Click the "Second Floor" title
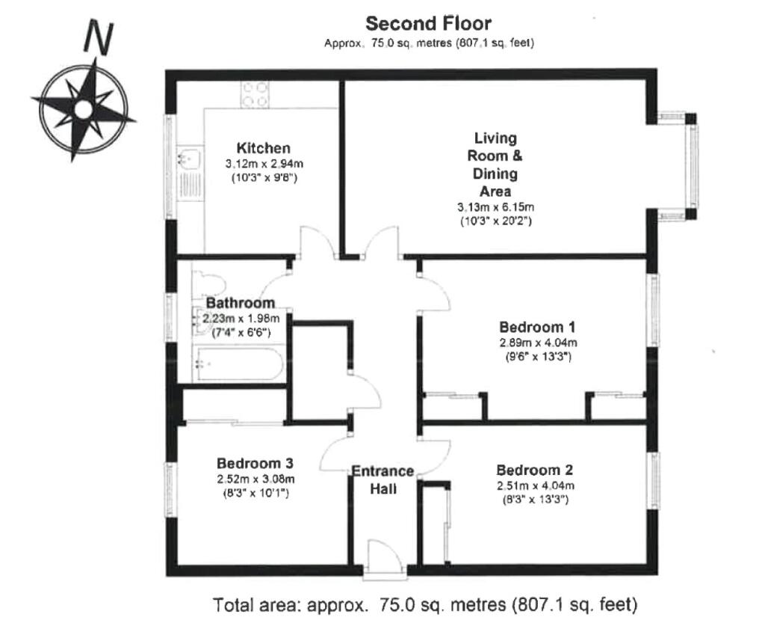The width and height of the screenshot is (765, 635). click(x=428, y=23)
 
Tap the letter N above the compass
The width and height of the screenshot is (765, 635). click(x=99, y=37)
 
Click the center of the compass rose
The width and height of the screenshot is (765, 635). click(x=83, y=109)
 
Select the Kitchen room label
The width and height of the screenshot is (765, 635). click(x=264, y=148)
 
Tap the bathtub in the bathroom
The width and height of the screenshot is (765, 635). click(x=240, y=363)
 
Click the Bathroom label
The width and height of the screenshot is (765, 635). click(x=241, y=303)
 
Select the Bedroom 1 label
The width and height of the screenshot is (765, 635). click(x=537, y=327)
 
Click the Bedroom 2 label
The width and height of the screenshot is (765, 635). click(x=535, y=470)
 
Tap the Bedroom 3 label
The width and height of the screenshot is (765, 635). click(x=255, y=463)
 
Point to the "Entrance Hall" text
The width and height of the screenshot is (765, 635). click(x=383, y=479)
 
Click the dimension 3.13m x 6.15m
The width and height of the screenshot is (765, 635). click(x=496, y=207)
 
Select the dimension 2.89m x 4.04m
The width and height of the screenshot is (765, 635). click(x=538, y=343)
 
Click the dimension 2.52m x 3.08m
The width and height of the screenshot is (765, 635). click(x=255, y=479)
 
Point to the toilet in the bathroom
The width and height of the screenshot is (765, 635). click(x=208, y=284)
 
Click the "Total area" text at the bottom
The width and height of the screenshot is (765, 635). click(x=425, y=605)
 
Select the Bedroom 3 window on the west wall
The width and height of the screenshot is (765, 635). click(x=170, y=489)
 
